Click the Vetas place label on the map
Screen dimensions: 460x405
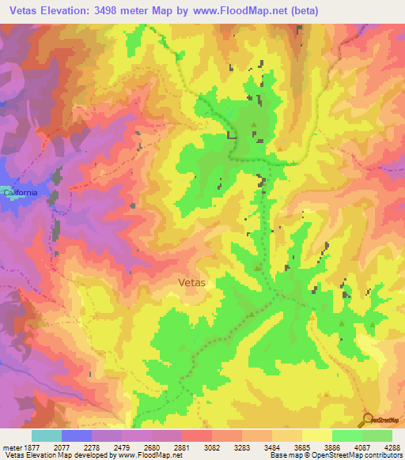tap(193, 281)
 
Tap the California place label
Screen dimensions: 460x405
tap(20, 193)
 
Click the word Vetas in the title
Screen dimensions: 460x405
tap(25, 10)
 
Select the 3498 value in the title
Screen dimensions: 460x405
tap(124, 10)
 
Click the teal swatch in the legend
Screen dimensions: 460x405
tap(47, 435)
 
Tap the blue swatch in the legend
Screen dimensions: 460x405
tap(77, 435)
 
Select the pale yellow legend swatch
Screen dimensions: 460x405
tap(316, 435)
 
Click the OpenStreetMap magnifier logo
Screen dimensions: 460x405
tap(368, 418)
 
